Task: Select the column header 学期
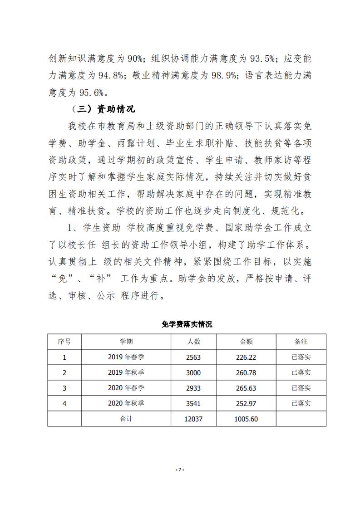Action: (126, 342)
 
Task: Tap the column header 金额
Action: (246, 342)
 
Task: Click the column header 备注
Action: (301, 342)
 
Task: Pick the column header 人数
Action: (193, 342)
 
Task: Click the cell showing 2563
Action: (193, 357)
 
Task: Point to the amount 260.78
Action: (246, 372)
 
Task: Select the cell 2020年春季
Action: (126, 388)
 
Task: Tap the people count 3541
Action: (193, 403)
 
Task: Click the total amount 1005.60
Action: (246, 419)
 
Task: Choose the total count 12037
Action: (193, 419)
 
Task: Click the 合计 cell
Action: (126, 419)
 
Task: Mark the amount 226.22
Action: (246, 357)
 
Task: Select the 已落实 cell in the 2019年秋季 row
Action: (301, 372)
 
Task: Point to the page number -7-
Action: (180, 470)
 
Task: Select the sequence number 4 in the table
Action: (64, 403)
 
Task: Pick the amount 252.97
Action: (246, 403)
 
